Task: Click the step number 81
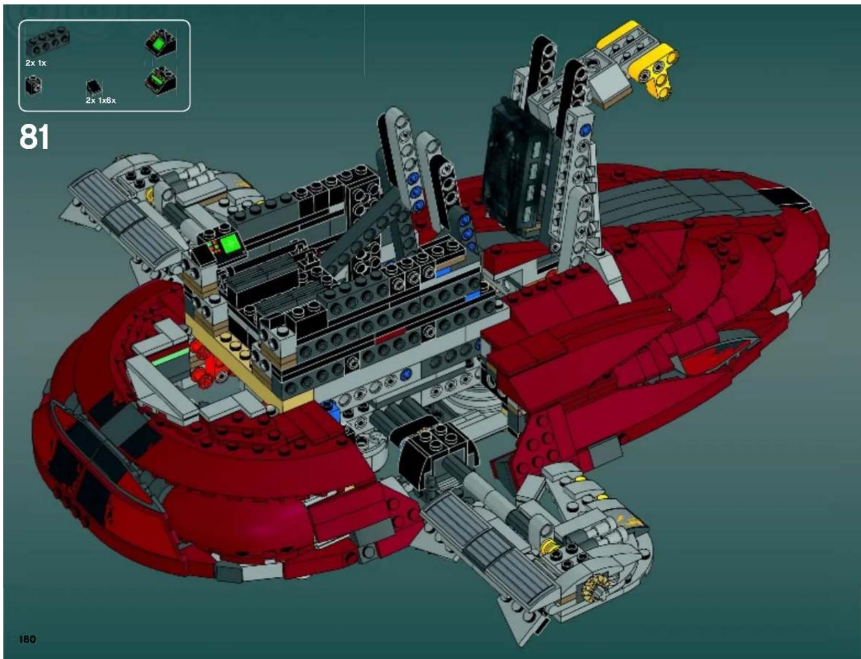34,136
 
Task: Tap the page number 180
28,639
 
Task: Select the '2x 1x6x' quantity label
101,101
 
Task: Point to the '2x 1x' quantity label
36,63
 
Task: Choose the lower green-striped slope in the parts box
161,80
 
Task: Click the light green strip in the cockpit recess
171,357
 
